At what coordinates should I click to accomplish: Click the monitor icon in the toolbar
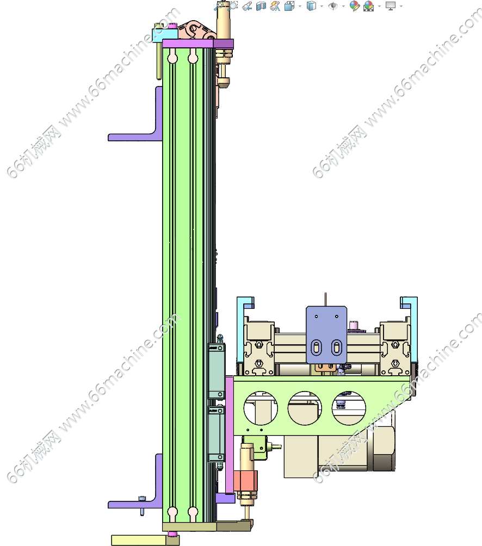(391, 5)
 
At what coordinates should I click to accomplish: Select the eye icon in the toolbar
(333, 6)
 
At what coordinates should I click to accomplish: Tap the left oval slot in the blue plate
(316, 348)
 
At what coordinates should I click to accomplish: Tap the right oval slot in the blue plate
(336, 348)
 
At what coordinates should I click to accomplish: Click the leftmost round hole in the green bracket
(261, 408)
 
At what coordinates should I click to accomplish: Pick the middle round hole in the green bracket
(305, 408)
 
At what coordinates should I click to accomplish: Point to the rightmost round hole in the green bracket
(349, 408)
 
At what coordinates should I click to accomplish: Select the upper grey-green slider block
(217, 371)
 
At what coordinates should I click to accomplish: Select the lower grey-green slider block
(217, 433)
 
